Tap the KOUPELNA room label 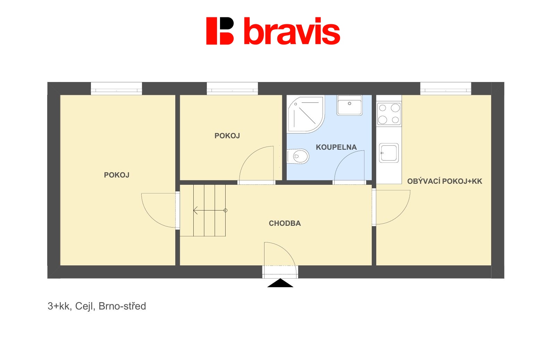pos(336,147)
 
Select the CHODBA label pos(285,223)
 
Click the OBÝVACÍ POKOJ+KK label pos(445,181)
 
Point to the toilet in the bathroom pos(298,156)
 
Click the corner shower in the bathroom pos(306,114)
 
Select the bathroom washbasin pos(349,105)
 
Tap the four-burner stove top pos(389,114)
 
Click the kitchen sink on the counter pos(389,153)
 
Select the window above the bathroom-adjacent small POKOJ pos(232,89)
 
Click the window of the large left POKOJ pos(117,89)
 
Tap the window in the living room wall pos(446,89)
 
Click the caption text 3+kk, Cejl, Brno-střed pos(97,306)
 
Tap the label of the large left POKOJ pos(117,175)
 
